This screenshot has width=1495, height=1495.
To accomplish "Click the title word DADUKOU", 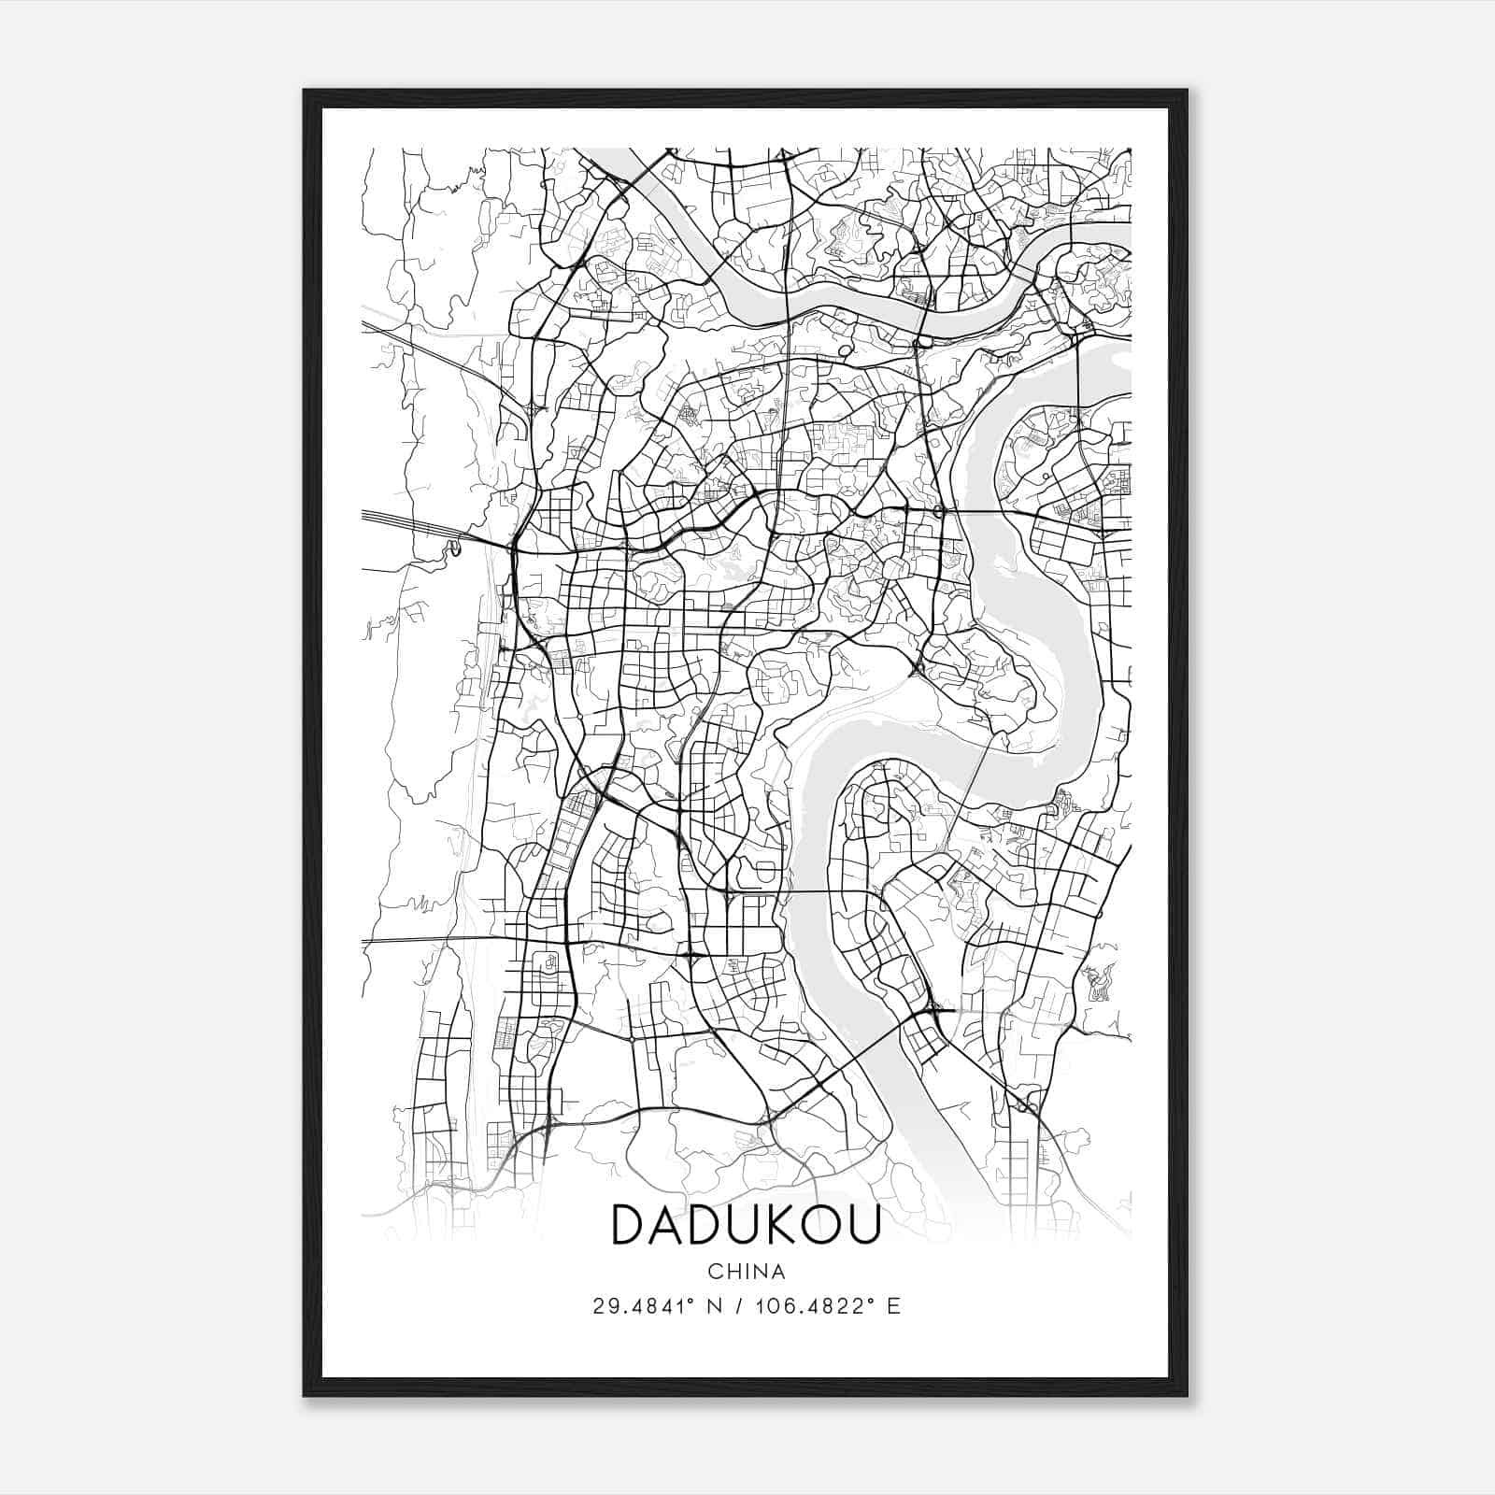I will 746,1224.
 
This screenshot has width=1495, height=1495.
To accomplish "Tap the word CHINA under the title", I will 747,1272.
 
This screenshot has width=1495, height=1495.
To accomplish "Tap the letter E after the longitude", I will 894,1305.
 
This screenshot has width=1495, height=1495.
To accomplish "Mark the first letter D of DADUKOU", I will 629,1224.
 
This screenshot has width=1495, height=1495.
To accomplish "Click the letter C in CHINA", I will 715,1272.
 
